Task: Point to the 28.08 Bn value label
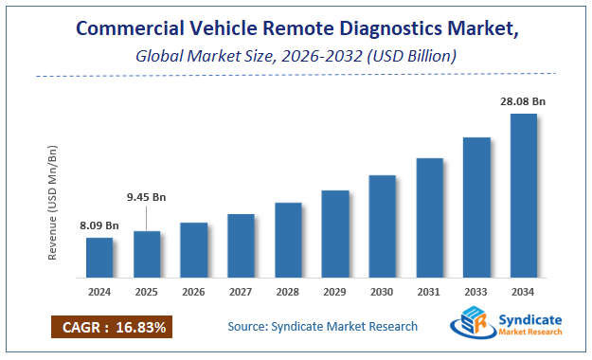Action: click(x=523, y=100)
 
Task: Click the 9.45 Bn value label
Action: click(x=147, y=198)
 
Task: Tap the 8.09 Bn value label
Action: click(x=99, y=225)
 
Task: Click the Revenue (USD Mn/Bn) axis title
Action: click(x=54, y=204)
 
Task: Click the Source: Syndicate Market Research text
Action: click(x=322, y=327)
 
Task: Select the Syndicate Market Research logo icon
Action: click(x=471, y=326)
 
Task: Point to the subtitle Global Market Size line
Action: click(x=295, y=57)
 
